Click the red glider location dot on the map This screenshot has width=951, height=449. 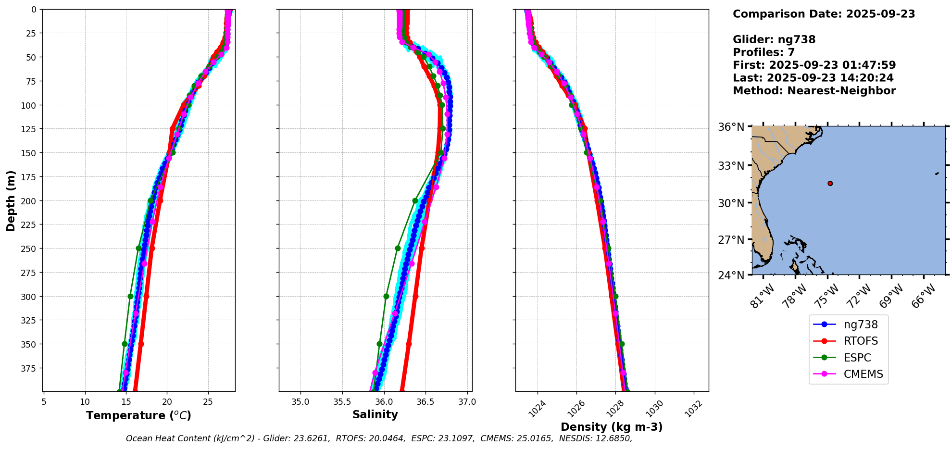point(830,183)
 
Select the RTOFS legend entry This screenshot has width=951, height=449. point(860,341)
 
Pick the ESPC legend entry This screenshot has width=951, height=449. point(857,358)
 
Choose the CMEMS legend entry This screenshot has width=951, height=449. point(863,374)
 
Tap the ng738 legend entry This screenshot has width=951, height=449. point(860,324)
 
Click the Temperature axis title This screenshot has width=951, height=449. point(138,415)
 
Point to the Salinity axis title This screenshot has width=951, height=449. point(375,415)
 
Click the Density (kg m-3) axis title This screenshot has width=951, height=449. point(612,427)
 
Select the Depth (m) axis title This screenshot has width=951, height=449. point(11,200)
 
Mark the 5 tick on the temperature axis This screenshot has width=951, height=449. point(44,402)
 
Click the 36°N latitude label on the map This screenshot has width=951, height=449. point(731,127)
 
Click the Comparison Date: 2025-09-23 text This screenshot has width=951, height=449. point(824,14)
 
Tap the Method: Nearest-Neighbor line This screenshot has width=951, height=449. point(814,91)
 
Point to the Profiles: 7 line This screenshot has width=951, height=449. point(763,52)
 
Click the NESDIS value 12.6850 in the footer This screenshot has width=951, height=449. point(612,438)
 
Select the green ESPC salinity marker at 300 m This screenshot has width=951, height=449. point(386,296)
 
